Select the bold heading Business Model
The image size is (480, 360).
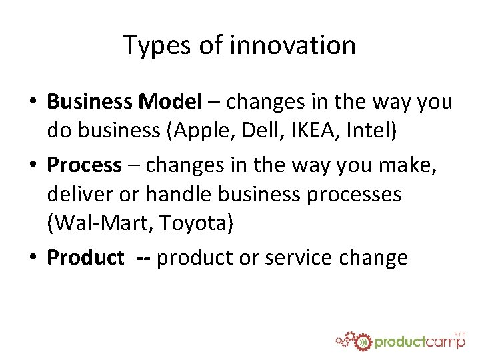(124, 102)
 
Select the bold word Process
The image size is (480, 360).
(84, 164)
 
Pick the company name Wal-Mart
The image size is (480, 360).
(99, 225)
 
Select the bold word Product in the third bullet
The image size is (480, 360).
(85, 257)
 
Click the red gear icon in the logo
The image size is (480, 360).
(361, 342)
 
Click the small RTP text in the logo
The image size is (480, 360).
(459, 333)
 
